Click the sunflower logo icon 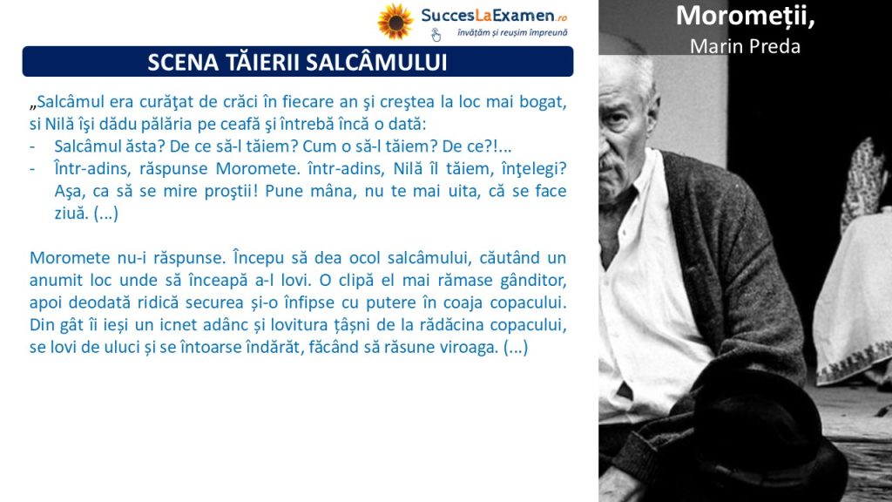coord(395,22)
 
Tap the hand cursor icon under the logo coord(436,35)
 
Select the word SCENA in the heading coord(183,62)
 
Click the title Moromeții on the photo coord(746,16)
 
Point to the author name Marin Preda coord(746,46)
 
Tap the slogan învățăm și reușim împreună coord(512,33)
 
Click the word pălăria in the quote coord(168,124)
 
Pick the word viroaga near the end coord(470,347)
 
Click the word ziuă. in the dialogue coord(71,214)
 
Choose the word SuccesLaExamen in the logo coord(488,16)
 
